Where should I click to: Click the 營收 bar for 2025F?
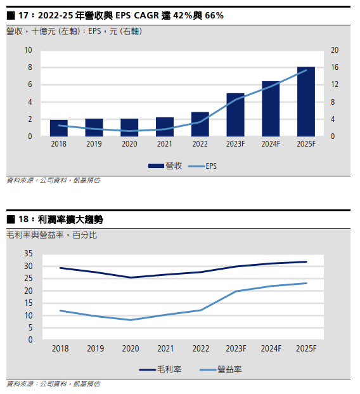coord(305,102)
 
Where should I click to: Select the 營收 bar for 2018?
coord(59,128)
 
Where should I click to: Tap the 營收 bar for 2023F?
coord(235,115)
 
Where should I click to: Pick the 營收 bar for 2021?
coord(165,127)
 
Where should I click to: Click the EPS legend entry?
coord(202,166)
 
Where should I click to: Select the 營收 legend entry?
coord(165,166)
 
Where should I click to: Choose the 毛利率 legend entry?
coord(160,369)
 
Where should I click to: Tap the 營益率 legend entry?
coord(221,369)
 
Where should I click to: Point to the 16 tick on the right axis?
coord(335,67)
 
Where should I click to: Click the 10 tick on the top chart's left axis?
coord(28,50)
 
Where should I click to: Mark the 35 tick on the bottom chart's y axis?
coord(29,253)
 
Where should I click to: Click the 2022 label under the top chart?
coord(200,144)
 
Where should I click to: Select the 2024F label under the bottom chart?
coord(271,348)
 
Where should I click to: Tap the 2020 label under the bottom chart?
coord(131,348)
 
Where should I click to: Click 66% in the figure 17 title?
coord(214,16)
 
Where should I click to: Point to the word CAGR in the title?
coord(146,16)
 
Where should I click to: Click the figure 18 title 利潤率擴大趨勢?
coord(70,220)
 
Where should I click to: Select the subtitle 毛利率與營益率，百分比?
coord(52,235)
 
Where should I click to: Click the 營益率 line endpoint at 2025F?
coord(306,283)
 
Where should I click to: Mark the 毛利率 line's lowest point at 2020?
coord(131,278)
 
